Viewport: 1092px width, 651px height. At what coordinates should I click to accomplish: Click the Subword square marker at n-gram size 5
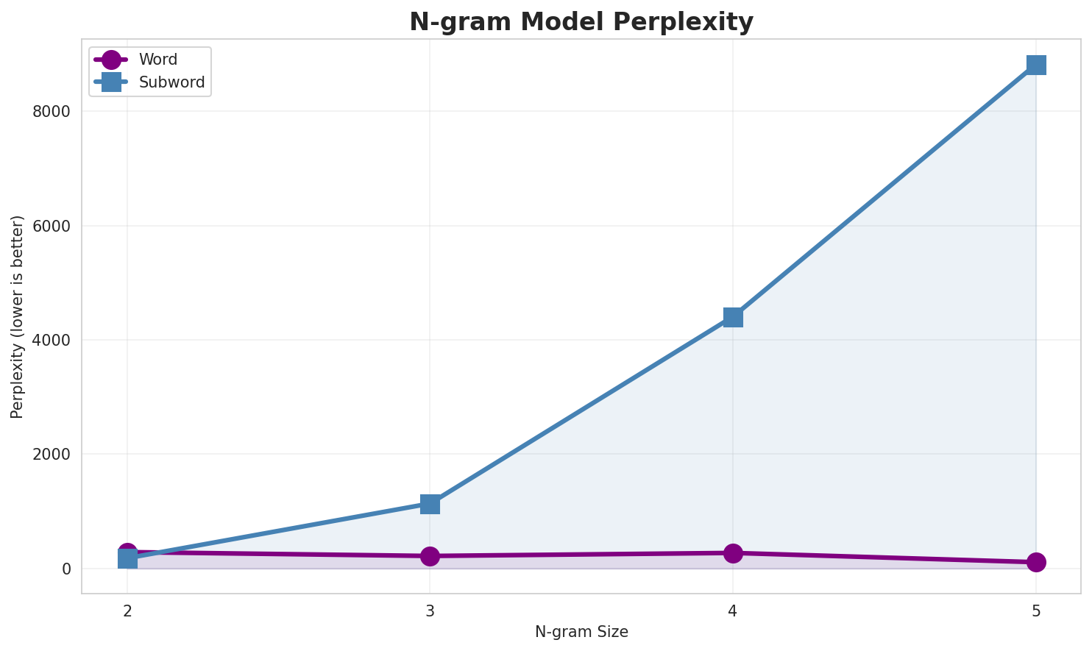1035,65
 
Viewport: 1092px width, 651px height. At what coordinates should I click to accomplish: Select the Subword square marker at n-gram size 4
733,317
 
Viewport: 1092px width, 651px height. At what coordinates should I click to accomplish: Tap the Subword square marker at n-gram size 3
430,504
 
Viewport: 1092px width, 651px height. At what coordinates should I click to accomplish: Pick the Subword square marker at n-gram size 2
127,558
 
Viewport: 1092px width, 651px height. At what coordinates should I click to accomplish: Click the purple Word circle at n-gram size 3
430,556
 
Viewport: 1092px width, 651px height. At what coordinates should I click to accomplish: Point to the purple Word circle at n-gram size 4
733,553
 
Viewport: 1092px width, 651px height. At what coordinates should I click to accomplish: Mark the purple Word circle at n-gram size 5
1035,562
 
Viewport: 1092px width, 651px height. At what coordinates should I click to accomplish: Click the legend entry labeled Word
157,60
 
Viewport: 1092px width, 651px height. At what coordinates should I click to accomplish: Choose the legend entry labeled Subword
171,82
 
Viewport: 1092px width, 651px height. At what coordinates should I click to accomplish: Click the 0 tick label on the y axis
66,569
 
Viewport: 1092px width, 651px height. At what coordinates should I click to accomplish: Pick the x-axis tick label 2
127,611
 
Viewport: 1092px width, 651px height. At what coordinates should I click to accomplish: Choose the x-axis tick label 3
430,611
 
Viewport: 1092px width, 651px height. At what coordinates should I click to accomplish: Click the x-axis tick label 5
1035,611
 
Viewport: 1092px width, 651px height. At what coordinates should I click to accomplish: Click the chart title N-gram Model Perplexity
581,22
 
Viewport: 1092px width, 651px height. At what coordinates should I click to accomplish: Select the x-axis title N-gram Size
581,632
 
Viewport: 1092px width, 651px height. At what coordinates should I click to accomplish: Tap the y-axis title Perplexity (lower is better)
18,316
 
